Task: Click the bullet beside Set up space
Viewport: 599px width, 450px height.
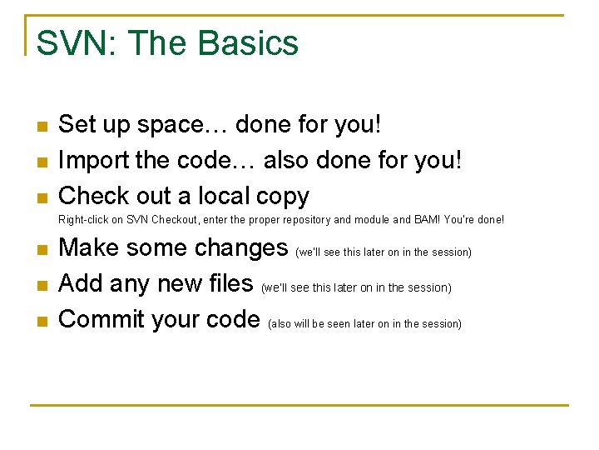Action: click(42, 127)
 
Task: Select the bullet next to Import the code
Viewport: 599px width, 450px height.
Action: click(42, 162)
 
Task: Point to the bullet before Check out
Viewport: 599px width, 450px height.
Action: click(42, 197)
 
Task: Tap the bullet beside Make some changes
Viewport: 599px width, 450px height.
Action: click(42, 249)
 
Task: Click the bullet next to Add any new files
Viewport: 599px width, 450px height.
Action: click(42, 285)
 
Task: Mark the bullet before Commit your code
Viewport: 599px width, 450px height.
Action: click(42, 321)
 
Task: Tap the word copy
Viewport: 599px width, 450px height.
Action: click(283, 197)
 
